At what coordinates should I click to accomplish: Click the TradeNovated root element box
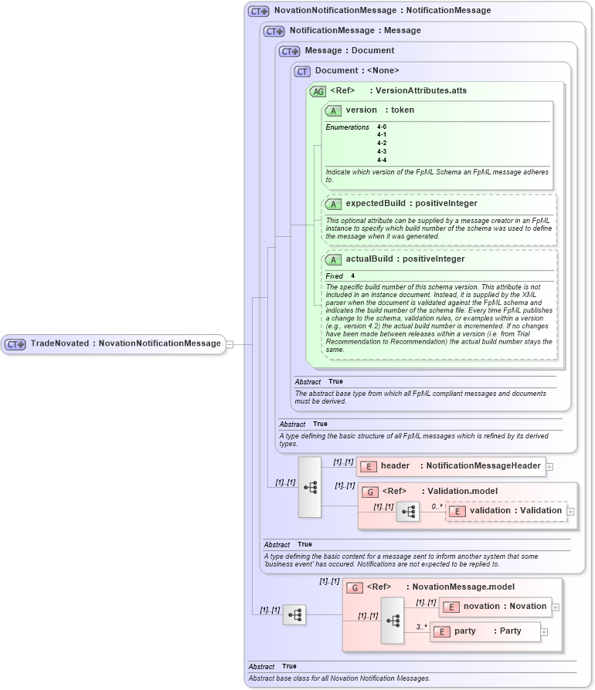[114, 343]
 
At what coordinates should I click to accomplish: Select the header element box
[450, 466]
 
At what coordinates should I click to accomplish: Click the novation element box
[495, 607]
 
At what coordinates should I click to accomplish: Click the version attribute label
[361, 110]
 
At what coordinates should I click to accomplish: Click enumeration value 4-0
[382, 127]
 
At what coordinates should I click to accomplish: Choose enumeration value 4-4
[382, 160]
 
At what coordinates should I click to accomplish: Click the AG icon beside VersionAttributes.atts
[318, 91]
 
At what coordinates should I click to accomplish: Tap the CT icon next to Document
[302, 71]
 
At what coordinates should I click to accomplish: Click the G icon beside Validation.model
[370, 492]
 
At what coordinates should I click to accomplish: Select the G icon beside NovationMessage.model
[355, 587]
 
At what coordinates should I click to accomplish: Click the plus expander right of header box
[549, 466]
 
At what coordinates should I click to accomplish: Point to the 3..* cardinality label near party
[422, 627]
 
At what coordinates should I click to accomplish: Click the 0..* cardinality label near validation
[437, 506]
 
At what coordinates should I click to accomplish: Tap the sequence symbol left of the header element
[310, 487]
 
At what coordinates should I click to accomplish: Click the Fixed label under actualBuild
[334, 276]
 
